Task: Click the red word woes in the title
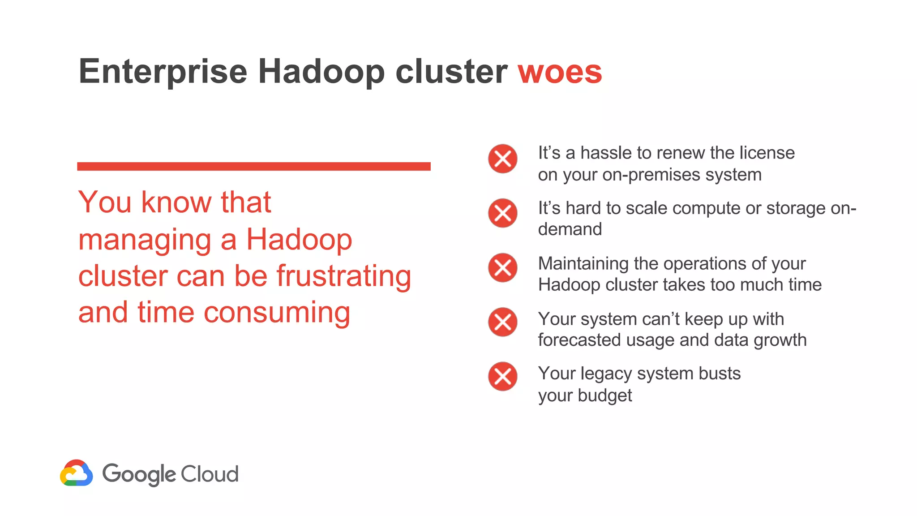tap(560, 72)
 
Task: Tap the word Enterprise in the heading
tap(163, 72)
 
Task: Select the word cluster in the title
tap(451, 72)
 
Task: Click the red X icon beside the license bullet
tap(502, 159)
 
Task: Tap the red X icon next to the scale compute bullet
tap(502, 213)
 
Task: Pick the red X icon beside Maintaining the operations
tap(502, 268)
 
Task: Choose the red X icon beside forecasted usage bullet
tap(502, 322)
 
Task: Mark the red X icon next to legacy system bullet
tap(502, 376)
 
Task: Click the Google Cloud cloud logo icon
tap(77, 473)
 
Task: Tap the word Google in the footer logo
tap(139, 474)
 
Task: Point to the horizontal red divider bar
tap(253, 166)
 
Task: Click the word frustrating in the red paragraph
tap(343, 276)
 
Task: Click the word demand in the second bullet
tap(570, 229)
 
